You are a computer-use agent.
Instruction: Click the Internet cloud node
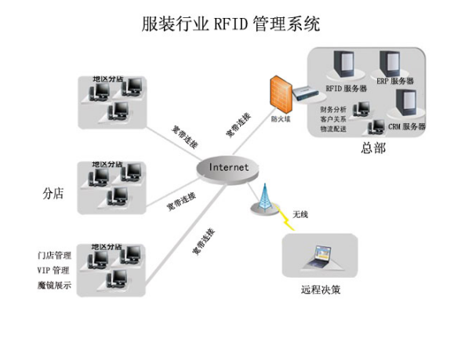pyautogui.click(x=228, y=167)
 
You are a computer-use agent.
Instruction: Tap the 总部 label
pyautogui.click(x=373, y=147)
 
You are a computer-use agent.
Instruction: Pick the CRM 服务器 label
pyautogui.click(x=407, y=126)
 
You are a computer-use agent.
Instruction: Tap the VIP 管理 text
pyautogui.click(x=53, y=271)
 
